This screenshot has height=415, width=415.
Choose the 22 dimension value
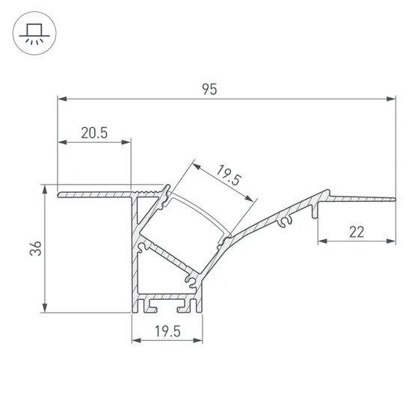(x=356, y=232)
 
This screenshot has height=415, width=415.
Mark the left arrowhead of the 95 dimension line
(x=61, y=98)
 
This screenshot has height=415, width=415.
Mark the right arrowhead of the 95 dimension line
(x=391, y=98)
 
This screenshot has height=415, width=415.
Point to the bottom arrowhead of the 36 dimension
(x=47, y=309)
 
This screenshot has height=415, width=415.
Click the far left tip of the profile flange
(x=58, y=195)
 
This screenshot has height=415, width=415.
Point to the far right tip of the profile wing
(x=393, y=198)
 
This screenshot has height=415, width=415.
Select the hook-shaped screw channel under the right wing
(x=283, y=221)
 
